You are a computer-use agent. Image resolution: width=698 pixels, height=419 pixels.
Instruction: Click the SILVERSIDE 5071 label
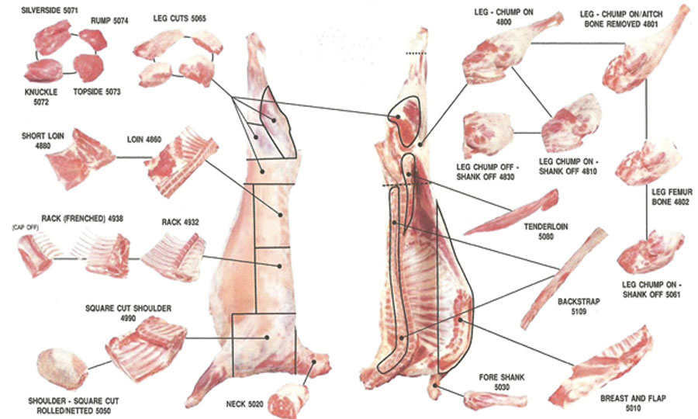[50, 10]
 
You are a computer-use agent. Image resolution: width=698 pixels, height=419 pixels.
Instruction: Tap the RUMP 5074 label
[109, 20]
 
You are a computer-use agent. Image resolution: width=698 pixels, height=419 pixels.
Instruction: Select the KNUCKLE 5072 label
[41, 97]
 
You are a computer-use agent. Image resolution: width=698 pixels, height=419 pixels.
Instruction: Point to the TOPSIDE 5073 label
[97, 92]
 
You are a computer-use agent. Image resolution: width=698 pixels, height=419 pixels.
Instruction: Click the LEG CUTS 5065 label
[179, 19]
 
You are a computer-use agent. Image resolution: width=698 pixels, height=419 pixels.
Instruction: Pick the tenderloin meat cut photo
[510, 212]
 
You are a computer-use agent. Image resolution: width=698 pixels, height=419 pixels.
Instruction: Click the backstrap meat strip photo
[564, 278]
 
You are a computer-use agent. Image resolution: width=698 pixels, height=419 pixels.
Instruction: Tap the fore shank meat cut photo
[495, 400]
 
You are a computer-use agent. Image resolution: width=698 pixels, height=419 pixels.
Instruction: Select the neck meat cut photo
[288, 400]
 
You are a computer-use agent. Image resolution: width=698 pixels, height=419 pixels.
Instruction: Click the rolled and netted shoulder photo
[61, 369]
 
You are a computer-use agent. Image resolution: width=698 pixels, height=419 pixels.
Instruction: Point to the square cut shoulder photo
[146, 348]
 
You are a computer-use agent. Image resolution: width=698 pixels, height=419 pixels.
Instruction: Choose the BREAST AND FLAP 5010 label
[633, 403]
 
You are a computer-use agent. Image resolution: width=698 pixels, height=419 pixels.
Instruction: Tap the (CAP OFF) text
[26, 227]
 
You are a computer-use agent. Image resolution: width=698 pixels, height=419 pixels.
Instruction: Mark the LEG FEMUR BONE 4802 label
[672, 197]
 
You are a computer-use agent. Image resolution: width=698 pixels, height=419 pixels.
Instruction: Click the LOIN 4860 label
[143, 140]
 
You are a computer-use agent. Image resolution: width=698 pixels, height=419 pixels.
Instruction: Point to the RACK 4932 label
[180, 222]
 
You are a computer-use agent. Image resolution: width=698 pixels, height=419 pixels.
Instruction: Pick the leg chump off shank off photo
[488, 134]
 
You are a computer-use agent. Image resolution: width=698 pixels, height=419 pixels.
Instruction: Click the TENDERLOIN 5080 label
[546, 231]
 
